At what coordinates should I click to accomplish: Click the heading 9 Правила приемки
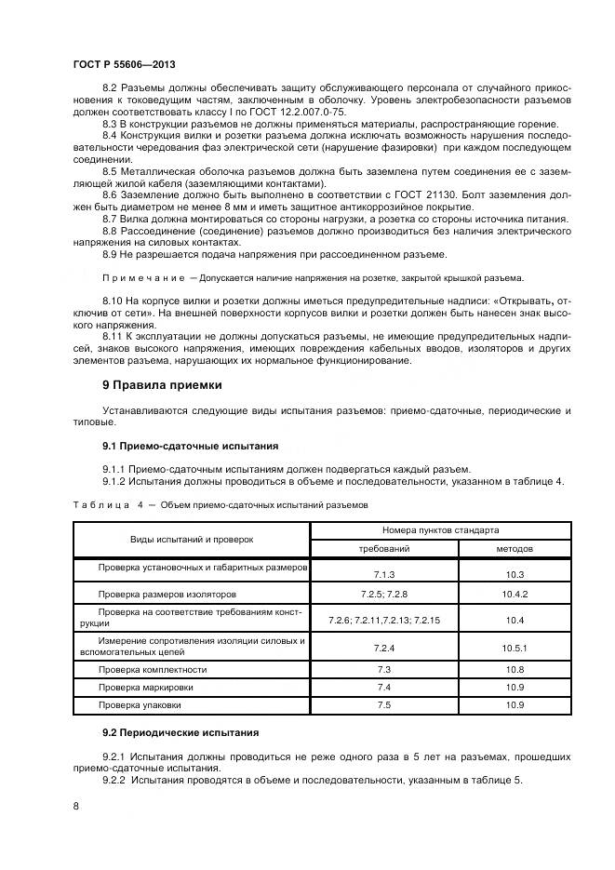160,385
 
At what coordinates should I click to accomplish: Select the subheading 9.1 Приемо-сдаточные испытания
190,446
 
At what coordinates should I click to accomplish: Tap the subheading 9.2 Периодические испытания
180,733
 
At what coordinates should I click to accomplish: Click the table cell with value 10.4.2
515,594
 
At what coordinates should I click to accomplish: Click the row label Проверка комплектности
154,669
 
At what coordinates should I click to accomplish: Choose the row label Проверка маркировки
147,688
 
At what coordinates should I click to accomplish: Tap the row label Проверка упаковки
142,706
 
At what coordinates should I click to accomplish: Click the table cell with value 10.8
515,669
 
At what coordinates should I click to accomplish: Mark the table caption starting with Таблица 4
221,504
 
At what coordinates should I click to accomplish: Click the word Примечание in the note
143,278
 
